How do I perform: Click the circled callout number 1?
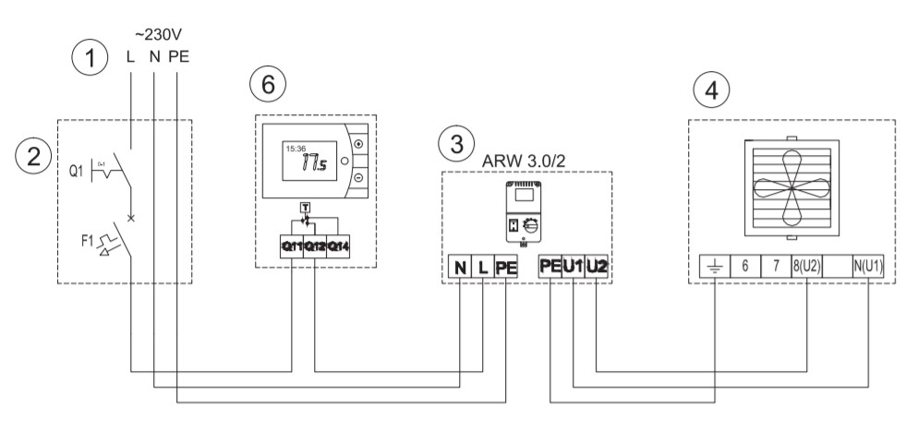[x=89, y=60]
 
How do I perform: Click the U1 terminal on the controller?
[x=574, y=268]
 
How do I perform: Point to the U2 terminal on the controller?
[x=597, y=268]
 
